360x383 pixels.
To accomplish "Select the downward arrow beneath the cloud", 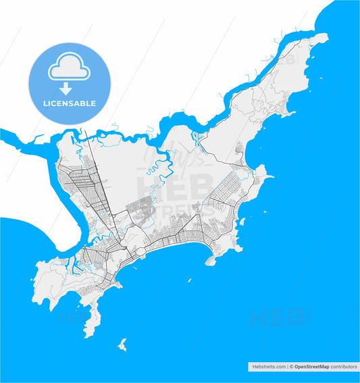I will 67,88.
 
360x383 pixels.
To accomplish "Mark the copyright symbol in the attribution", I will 290,366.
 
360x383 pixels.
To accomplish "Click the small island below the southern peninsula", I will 122,345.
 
